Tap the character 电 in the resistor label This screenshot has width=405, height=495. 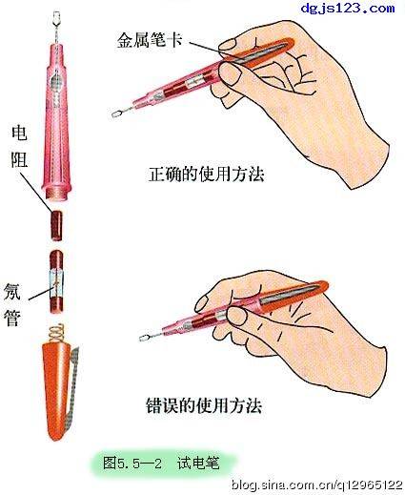click(x=18, y=131)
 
